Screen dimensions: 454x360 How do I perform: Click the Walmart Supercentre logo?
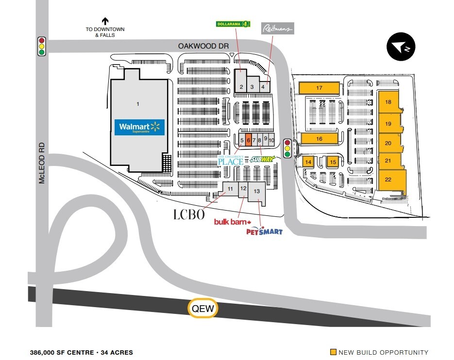click(139, 127)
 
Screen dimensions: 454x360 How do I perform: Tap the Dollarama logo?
click(233, 24)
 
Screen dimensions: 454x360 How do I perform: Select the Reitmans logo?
click(278, 28)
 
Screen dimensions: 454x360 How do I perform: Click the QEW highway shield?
click(203, 308)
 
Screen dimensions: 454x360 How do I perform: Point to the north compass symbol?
click(401, 47)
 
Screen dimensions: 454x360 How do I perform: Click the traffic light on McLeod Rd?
click(42, 46)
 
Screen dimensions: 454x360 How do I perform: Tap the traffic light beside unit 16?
click(287, 148)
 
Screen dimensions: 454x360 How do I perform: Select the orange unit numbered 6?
click(249, 140)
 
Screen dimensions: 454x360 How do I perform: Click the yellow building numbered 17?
click(319, 88)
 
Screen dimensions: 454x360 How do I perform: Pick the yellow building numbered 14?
click(308, 162)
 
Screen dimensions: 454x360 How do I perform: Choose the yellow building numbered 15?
click(333, 162)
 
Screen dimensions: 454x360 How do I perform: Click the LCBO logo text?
click(189, 214)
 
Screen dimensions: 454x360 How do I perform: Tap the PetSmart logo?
click(264, 231)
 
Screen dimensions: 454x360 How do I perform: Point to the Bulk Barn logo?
click(233, 222)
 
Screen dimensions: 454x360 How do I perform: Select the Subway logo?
click(262, 159)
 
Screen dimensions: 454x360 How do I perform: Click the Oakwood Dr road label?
click(203, 46)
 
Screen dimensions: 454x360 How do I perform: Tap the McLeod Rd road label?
click(42, 163)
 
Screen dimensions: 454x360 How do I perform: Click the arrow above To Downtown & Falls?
click(105, 21)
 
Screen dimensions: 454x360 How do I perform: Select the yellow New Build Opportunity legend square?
click(333, 352)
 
